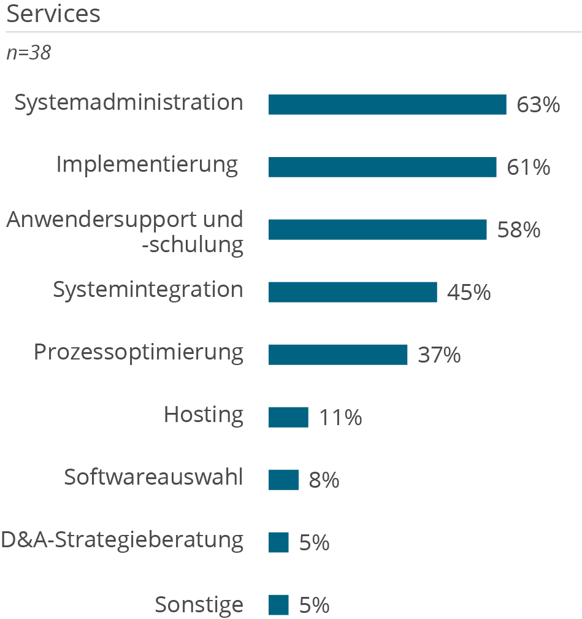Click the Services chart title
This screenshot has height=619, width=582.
click(x=53, y=14)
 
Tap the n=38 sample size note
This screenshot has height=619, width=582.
click(x=28, y=53)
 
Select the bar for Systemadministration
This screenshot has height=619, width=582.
click(x=387, y=104)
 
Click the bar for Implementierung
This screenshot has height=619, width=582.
click(x=382, y=167)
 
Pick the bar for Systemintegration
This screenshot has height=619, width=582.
click(x=353, y=292)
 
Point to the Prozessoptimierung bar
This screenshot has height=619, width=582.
click(x=338, y=355)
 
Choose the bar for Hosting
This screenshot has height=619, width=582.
click(x=288, y=417)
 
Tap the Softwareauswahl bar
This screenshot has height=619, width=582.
click(x=283, y=480)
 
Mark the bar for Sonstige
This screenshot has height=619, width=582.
click(x=278, y=605)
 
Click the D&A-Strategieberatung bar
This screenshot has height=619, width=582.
click(x=278, y=542)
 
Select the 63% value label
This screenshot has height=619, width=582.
click(x=538, y=105)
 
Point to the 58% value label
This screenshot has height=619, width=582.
click(x=518, y=230)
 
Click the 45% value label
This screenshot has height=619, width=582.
click(x=469, y=293)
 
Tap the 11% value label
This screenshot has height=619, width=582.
click(x=340, y=418)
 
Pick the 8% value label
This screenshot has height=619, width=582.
click(x=324, y=480)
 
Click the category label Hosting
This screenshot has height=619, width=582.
click(x=204, y=415)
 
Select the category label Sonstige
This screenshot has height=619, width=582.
click(x=199, y=605)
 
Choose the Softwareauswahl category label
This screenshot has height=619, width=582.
click(x=153, y=477)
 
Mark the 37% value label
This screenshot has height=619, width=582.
click(x=439, y=355)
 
